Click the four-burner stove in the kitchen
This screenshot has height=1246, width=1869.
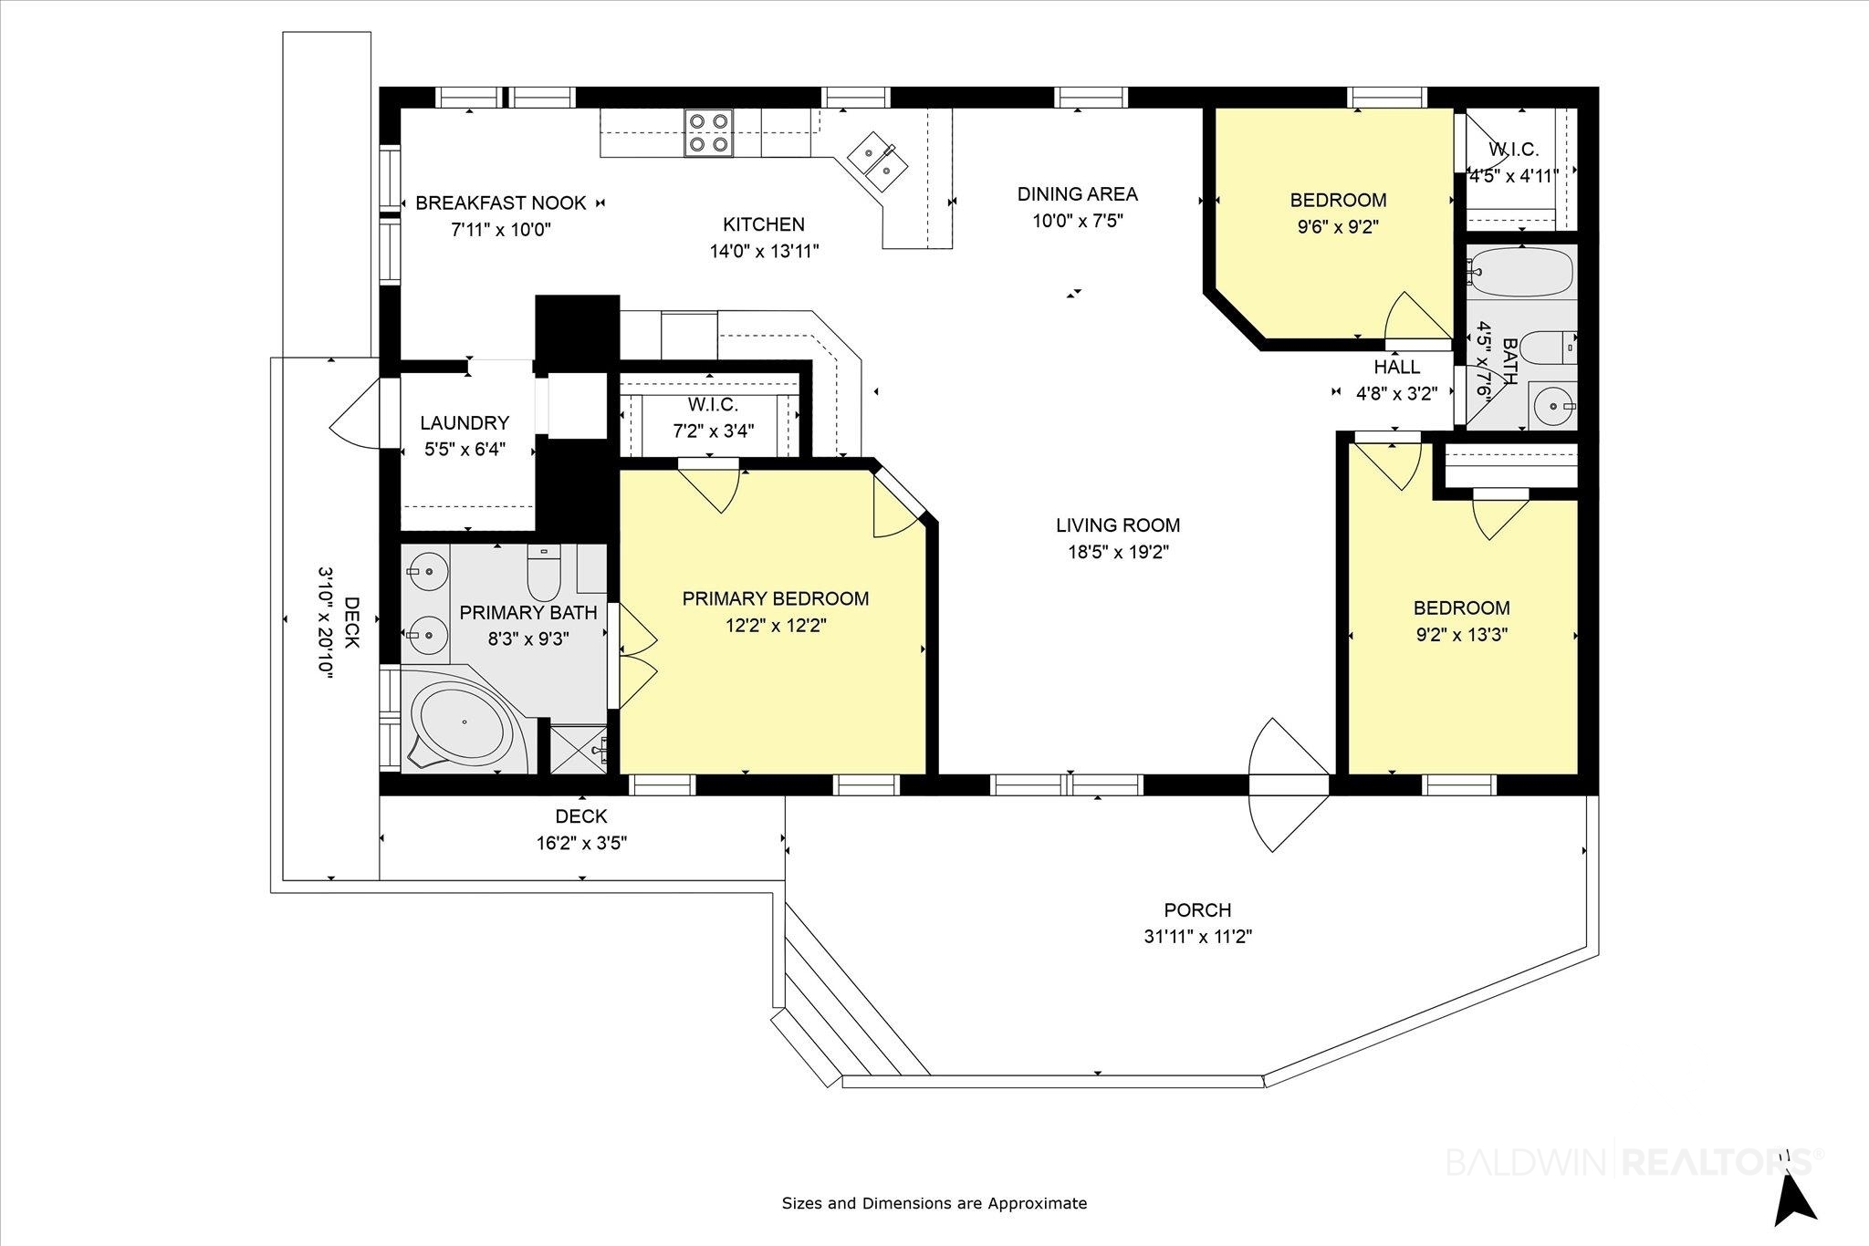[708, 133]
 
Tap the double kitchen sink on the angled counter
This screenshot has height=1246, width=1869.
[874, 160]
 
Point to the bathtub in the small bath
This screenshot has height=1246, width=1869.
[1520, 272]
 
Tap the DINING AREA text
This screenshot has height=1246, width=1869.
[1078, 194]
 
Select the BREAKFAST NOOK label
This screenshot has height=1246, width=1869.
[501, 202]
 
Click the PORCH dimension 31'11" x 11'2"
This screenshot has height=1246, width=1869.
[1197, 937]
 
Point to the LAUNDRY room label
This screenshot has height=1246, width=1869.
[465, 423]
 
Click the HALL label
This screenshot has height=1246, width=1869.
[1397, 367]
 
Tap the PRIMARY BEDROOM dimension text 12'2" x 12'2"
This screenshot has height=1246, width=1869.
[776, 626]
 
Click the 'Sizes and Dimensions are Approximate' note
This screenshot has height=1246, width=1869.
[934, 1203]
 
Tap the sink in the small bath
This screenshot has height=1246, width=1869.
[1551, 403]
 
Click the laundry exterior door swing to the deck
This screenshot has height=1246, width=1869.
[355, 413]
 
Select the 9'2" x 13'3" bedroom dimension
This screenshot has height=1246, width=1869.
[1462, 635]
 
